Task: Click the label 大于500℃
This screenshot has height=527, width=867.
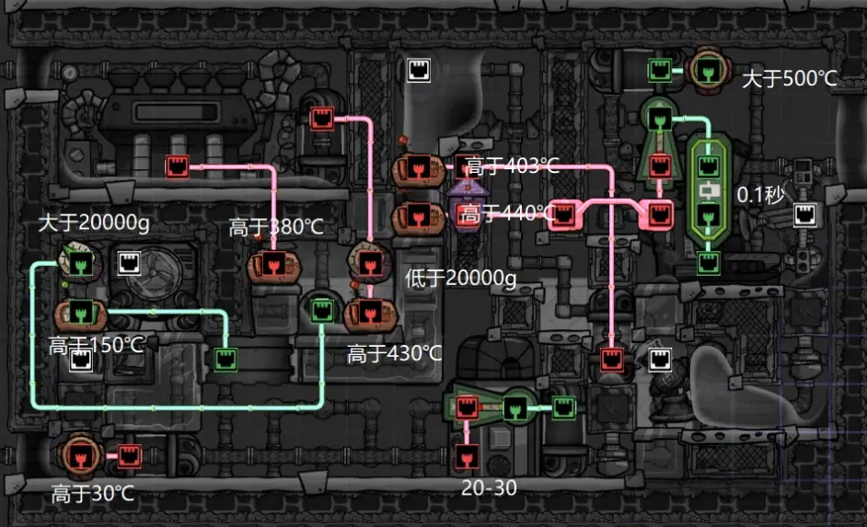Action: (789, 79)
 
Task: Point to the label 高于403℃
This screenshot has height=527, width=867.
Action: (512, 166)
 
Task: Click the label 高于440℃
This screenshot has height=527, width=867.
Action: (507, 214)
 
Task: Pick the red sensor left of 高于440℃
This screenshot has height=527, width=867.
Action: (416, 218)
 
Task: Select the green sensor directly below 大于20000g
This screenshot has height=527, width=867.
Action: (80, 264)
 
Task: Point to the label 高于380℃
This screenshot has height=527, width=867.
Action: (276, 227)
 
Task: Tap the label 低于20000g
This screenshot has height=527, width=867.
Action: (461, 279)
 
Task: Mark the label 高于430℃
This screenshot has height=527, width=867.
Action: (394, 353)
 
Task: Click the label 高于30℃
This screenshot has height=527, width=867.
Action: (92, 494)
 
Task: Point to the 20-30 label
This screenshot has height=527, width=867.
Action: (488, 488)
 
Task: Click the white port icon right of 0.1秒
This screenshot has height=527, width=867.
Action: (805, 215)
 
